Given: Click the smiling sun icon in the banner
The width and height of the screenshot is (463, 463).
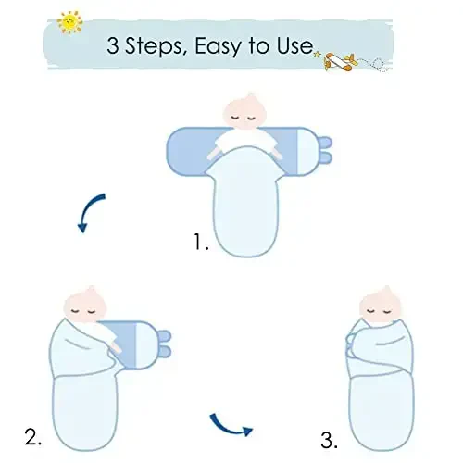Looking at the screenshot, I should (68, 21).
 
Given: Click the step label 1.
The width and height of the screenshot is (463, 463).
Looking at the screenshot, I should (201, 244).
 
